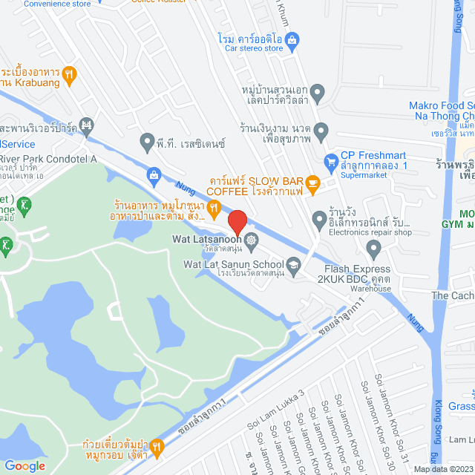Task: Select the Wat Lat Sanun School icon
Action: click(294, 264)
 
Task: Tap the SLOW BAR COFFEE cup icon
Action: click(312, 183)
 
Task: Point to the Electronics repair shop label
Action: click(371, 232)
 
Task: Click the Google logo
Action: click(24, 465)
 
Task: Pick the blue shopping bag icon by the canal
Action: click(154, 175)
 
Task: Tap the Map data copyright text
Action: click(443, 468)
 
